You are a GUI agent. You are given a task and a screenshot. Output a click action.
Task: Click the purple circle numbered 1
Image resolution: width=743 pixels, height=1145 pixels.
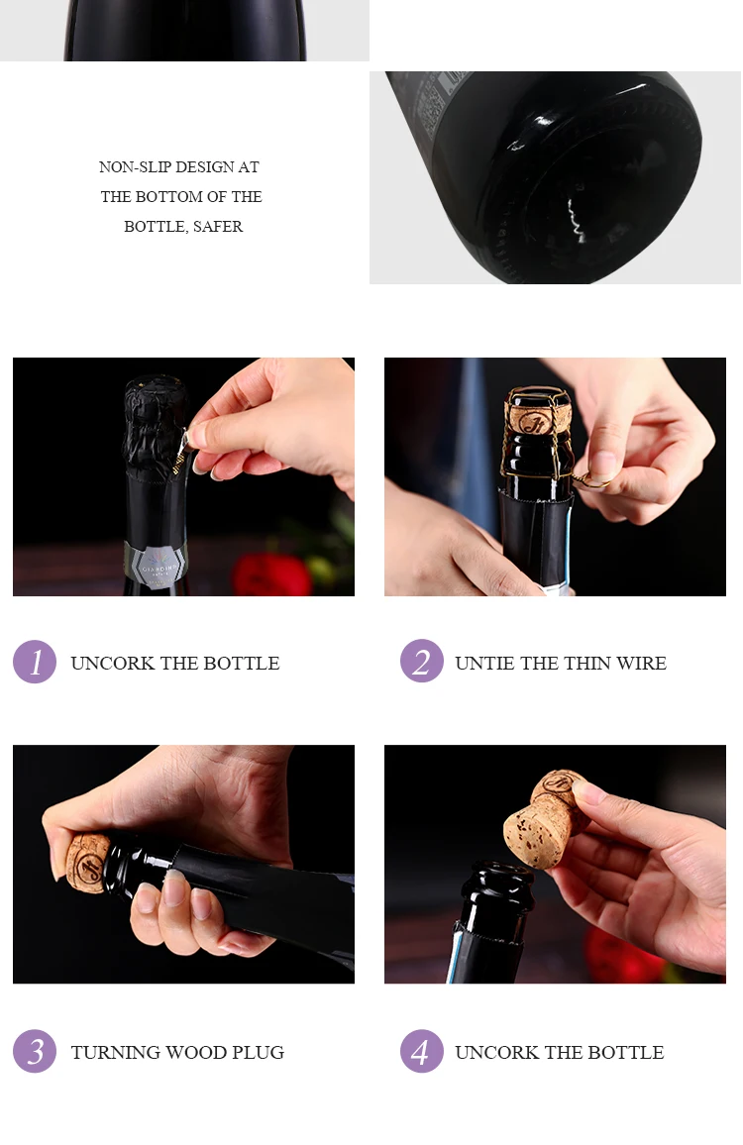pos(35,662)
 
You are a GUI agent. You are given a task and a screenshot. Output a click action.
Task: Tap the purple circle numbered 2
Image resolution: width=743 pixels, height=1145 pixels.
pos(422,661)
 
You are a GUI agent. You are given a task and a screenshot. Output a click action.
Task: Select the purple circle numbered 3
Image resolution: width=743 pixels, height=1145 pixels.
pos(35,1051)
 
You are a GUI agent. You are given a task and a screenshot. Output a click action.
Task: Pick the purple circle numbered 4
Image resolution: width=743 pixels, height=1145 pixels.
pos(422,1051)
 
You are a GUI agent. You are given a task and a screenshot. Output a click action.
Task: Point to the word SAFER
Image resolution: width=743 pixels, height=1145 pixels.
pos(218,227)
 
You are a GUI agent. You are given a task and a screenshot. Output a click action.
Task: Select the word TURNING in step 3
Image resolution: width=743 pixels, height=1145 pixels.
pos(116,1052)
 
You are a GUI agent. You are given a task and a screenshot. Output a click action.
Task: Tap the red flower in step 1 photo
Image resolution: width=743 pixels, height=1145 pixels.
pos(271,574)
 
